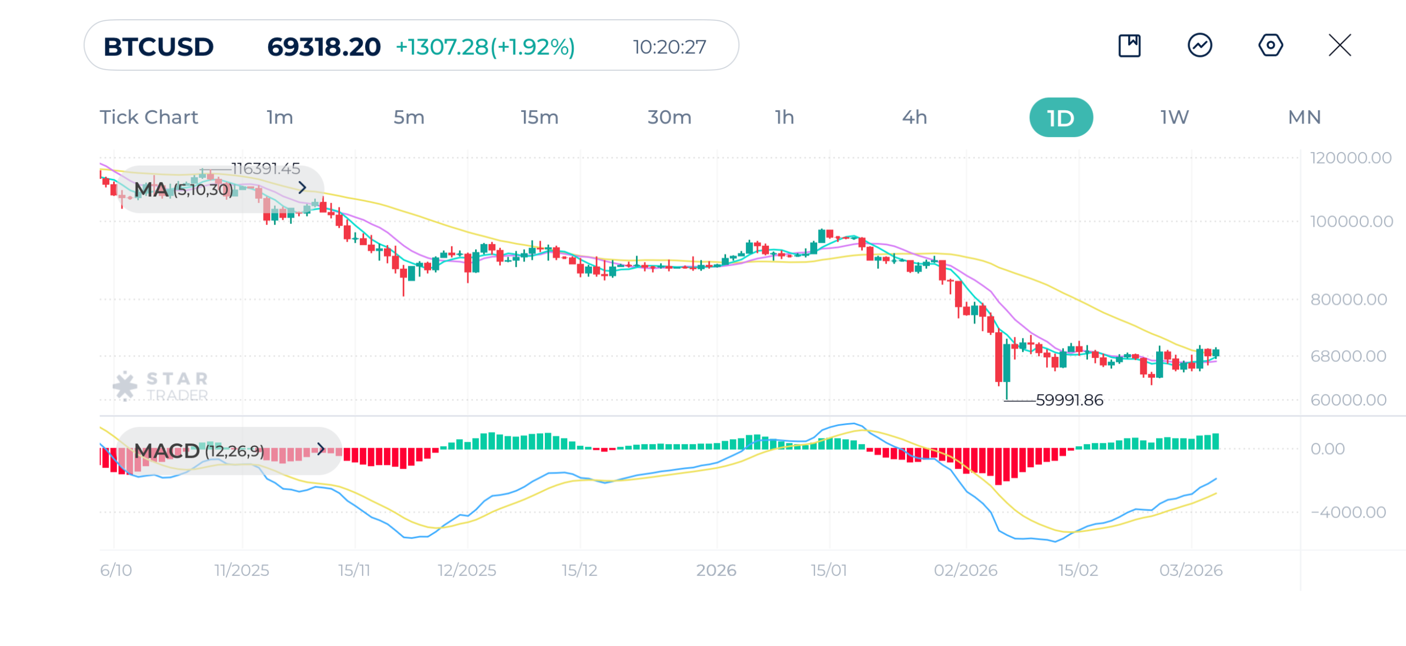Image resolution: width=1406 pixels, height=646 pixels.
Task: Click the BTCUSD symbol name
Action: [x=158, y=47]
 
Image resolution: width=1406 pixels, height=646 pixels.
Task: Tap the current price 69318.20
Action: [x=323, y=47]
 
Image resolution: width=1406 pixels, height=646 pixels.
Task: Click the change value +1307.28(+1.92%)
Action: [x=485, y=47]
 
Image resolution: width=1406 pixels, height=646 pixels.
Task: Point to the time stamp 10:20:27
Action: [x=669, y=47]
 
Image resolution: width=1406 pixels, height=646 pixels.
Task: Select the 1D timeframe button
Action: [x=1060, y=117]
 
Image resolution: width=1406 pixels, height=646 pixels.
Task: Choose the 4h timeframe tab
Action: [x=914, y=117]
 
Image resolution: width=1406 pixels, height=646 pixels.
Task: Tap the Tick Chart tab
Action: [x=148, y=117]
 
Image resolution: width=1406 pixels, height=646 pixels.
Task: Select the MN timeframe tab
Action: [x=1304, y=117]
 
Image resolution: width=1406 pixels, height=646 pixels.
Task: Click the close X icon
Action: [x=1340, y=45]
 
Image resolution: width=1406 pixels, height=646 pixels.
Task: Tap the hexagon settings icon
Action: [x=1270, y=45]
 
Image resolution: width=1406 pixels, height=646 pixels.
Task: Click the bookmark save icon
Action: [x=1129, y=45]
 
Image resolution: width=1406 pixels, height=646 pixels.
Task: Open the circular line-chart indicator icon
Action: [x=1199, y=45]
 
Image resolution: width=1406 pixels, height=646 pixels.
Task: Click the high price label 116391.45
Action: [x=266, y=168]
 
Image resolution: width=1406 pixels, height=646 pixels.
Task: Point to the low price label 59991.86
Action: [x=1069, y=400]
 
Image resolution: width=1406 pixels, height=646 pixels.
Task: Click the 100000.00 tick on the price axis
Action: [x=1351, y=222]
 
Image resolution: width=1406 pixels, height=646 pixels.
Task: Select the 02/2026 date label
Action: [x=966, y=570]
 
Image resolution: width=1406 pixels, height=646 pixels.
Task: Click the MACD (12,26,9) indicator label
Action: [x=199, y=451]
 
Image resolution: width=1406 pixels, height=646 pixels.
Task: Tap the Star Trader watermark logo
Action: [x=160, y=386]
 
